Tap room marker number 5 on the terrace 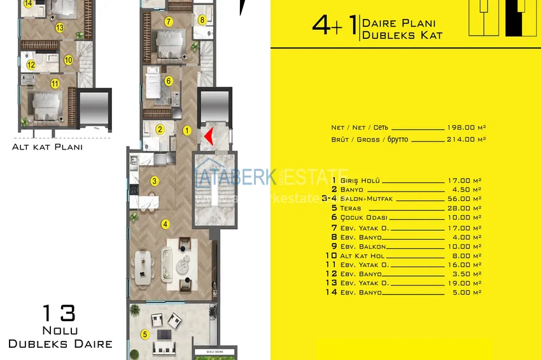tap(144, 334)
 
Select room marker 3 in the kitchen tap(154, 181)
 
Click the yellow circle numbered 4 tap(165, 223)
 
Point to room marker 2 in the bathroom tap(160, 130)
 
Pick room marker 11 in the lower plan tap(55, 83)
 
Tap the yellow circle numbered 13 tap(59, 27)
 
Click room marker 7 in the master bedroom tap(168, 22)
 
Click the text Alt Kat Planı tap(47, 147)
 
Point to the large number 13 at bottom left tap(59, 314)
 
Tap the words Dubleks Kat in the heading tap(402, 36)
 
